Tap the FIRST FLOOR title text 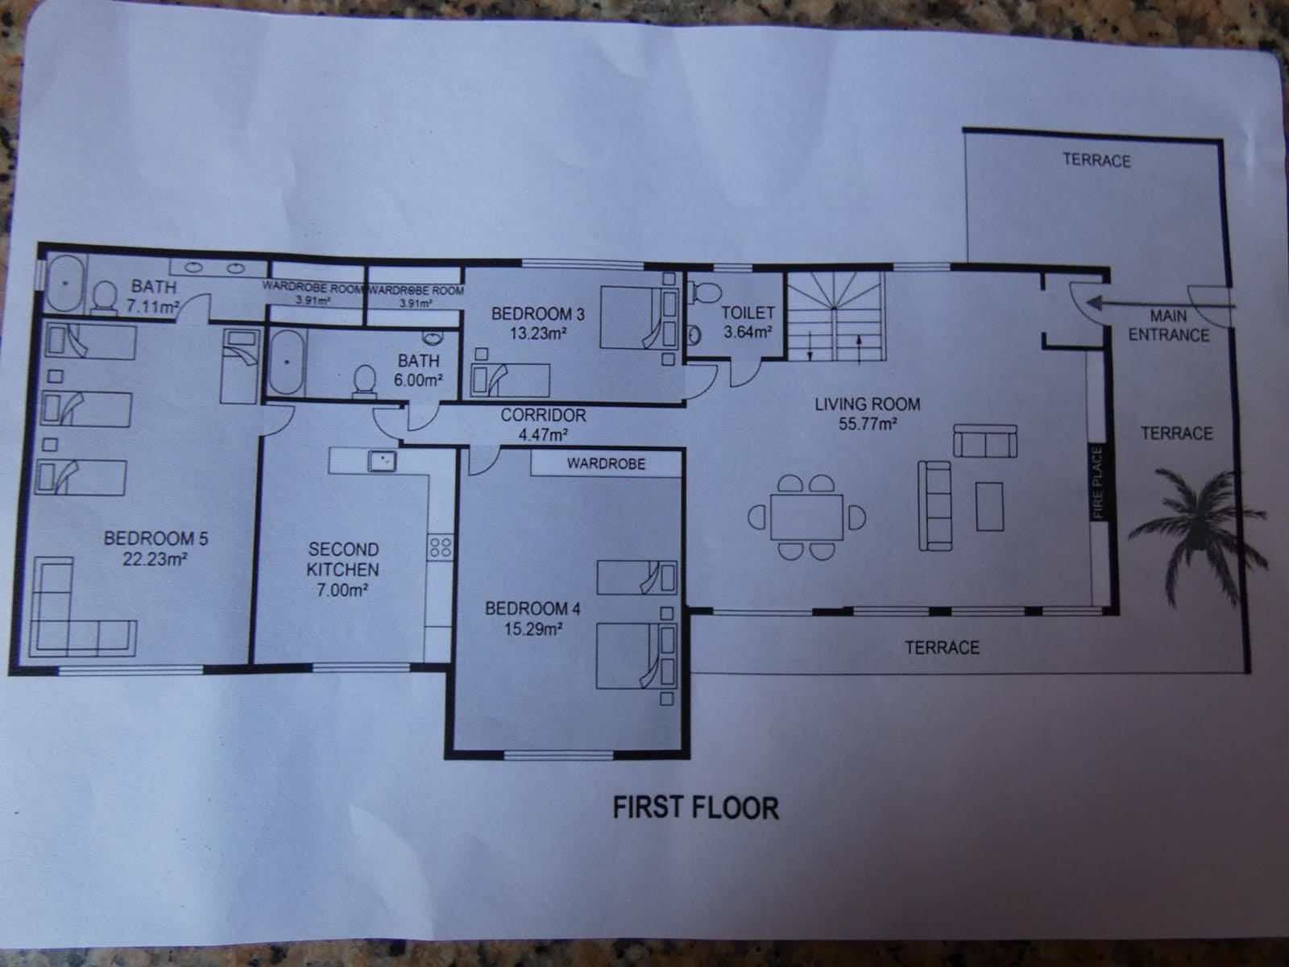point(695,807)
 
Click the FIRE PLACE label point(1096,483)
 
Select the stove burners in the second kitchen point(441,548)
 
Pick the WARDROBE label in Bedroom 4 point(606,463)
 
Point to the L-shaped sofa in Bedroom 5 point(73,612)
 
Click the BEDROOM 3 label point(538,313)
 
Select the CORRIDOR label point(543,416)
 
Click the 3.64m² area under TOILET point(747,331)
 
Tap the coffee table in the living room point(990,506)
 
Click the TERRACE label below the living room point(942,647)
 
